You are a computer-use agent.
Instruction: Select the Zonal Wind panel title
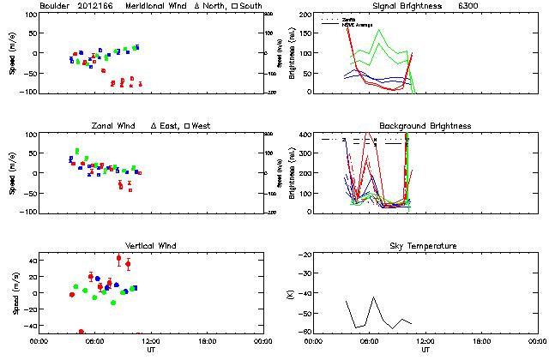click(x=115, y=126)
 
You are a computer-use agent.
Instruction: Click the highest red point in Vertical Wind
click(x=119, y=258)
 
